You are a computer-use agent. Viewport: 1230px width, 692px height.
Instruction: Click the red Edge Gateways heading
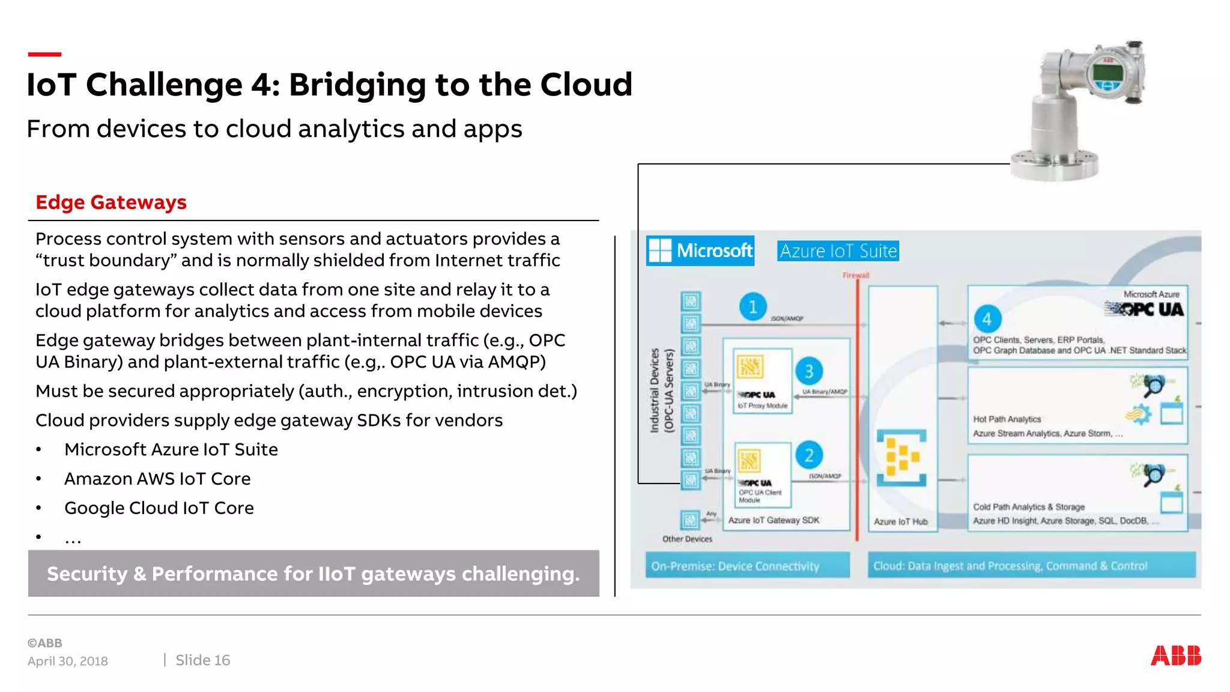pyautogui.click(x=111, y=202)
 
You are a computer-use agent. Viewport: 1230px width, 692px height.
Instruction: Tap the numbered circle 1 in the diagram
pyautogui.click(x=753, y=307)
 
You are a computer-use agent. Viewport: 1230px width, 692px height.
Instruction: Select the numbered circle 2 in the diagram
pyautogui.click(x=809, y=455)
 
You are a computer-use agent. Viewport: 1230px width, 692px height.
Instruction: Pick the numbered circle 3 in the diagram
pyautogui.click(x=809, y=371)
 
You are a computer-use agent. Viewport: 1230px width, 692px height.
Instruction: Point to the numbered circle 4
pyautogui.click(x=987, y=319)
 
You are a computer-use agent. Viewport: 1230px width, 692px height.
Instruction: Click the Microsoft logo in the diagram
pyautogui.click(x=700, y=250)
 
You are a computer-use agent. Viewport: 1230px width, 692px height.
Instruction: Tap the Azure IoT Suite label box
pyautogui.click(x=838, y=251)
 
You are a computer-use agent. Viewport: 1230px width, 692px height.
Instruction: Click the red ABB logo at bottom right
pyautogui.click(x=1175, y=655)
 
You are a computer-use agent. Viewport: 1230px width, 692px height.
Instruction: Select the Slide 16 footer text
pyautogui.click(x=202, y=660)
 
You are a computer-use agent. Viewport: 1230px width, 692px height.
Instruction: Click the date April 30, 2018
pyautogui.click(x=68, y=661)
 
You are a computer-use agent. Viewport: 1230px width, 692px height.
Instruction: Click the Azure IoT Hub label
pyautogui.click(x=900, y=522)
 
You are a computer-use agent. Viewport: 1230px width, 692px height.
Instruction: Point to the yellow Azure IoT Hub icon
pyautogui.click(x=901, y=457)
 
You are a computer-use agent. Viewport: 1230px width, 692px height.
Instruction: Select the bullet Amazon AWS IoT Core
pyautogui.click(x=157, y=479)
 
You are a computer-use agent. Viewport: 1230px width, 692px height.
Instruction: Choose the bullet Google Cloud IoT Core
pyautogui.click(x=159, y=508)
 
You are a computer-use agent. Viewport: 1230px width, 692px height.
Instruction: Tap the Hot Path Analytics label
pyautogui.click(x=1007, y=419)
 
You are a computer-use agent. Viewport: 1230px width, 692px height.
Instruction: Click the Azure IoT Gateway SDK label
pyautogui.click(x=774, y=520)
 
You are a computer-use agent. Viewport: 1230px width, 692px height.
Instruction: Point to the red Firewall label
pyautogui.click(x=855, y=276)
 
